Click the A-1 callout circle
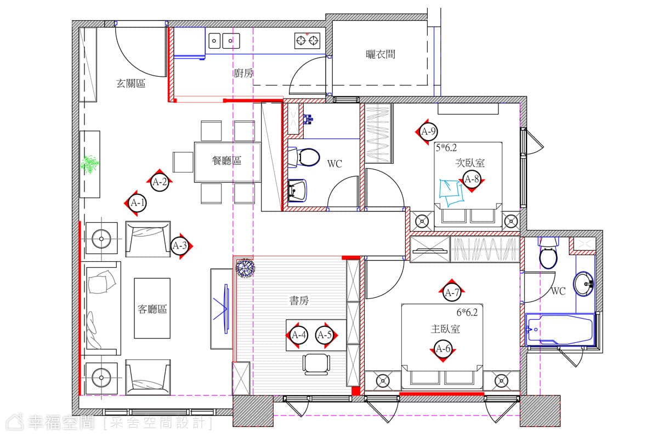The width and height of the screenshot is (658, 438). pos(138,203)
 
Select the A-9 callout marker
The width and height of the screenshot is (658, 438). pos(428,132)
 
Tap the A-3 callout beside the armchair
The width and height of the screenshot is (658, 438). pos(180,245)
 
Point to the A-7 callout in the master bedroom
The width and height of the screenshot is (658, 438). pos(452,292)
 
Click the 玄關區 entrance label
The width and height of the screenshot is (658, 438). pos(131,84)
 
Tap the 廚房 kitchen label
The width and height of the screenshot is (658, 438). pos(243,73)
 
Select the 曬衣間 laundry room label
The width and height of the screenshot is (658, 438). pos(381,54)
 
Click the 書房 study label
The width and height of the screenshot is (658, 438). pos(299,301)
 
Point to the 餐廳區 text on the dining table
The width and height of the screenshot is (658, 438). pos(227,160)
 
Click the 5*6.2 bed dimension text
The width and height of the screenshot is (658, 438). pos(446,148)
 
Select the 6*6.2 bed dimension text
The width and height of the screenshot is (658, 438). pos(467,313)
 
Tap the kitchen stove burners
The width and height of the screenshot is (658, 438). pos(307,40)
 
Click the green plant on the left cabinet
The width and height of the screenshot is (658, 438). pos(90,164)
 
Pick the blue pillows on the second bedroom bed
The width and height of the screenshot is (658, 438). pos(452,193)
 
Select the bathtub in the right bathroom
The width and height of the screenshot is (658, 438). pos(560,330)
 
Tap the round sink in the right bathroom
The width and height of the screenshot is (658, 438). pos(583,284)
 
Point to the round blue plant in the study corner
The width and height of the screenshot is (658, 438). pos(246,268)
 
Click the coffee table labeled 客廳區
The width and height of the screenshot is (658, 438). pos(152,308)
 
